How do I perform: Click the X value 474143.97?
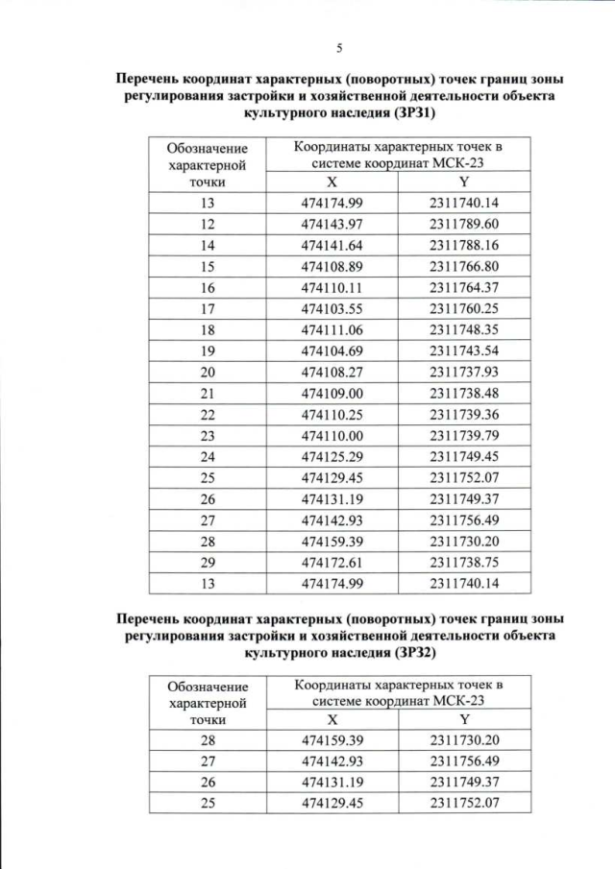332,224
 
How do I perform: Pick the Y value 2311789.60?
465,224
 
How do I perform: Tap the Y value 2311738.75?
465,562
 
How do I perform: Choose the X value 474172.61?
332,562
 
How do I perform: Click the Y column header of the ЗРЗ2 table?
464,718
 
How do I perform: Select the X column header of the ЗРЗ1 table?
332,181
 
